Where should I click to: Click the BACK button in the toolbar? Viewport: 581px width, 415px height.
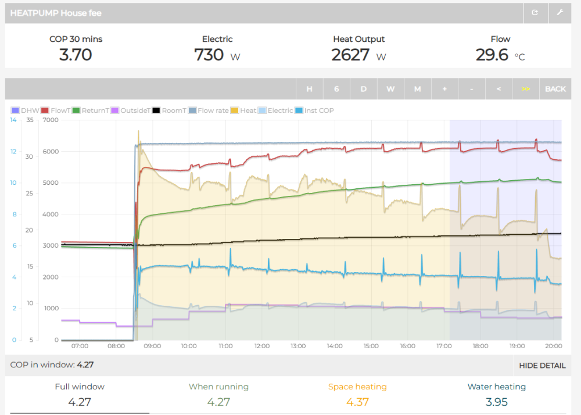(555, 89)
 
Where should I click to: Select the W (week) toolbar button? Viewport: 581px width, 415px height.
(390, 89)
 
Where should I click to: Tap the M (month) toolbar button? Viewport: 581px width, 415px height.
(417, 89)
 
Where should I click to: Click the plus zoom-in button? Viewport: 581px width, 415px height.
(444, 89)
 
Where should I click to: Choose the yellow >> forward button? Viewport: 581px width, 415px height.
(525, 89)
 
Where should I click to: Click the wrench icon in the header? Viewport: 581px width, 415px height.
(560, 13)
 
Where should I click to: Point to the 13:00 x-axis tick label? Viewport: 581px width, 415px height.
(298, 346)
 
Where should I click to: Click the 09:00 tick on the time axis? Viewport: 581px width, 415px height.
(152, 346)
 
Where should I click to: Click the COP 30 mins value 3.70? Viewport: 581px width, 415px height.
(76, 55)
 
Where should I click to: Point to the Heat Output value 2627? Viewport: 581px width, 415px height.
(351, 55)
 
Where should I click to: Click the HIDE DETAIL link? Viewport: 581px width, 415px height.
(542, 366)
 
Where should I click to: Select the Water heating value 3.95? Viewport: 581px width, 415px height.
(497, 402)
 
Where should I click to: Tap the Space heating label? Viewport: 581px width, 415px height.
(357, 387)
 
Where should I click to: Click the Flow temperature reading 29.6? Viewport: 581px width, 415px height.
(492, 55)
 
